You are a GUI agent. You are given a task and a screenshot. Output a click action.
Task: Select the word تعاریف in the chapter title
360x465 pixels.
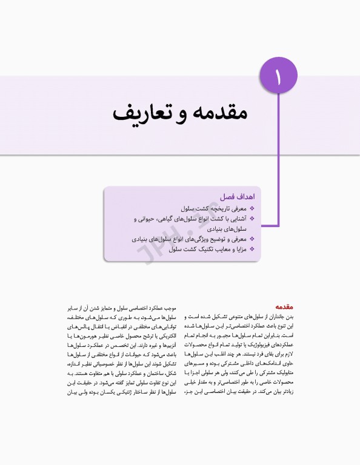136,113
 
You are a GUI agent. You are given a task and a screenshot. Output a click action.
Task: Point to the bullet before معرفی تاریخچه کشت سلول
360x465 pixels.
252,208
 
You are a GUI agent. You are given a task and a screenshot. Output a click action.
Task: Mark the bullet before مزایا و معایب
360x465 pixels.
252,249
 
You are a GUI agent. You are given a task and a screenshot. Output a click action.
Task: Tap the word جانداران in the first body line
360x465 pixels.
276,317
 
